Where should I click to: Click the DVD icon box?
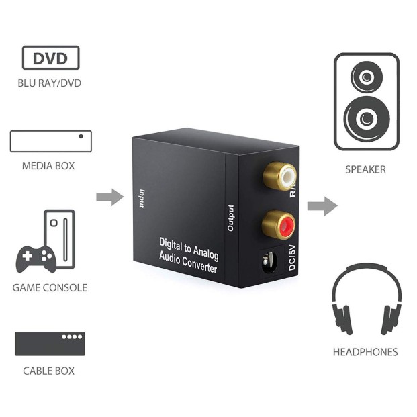tap(50, 58)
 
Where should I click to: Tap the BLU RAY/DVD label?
tap(49, 83)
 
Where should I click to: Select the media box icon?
tap(51, 141)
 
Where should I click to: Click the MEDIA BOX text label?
tap(48, 166)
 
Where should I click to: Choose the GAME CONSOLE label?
tap(50, 288)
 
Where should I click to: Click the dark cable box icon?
tap(50, 344)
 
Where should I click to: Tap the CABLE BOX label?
tap(48, 371)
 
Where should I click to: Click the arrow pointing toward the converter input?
tap(110, 197)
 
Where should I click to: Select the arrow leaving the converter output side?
tap(322, 206)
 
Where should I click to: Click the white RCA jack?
tap(280, 176)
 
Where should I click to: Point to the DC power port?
tap(270, 262)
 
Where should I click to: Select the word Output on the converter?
tap(230, 218)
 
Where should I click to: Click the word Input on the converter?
tap(142, 199)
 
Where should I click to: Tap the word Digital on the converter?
tap(170, 244)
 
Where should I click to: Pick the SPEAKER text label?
tap(365, 169)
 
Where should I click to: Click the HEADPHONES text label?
tap(365, 352)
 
